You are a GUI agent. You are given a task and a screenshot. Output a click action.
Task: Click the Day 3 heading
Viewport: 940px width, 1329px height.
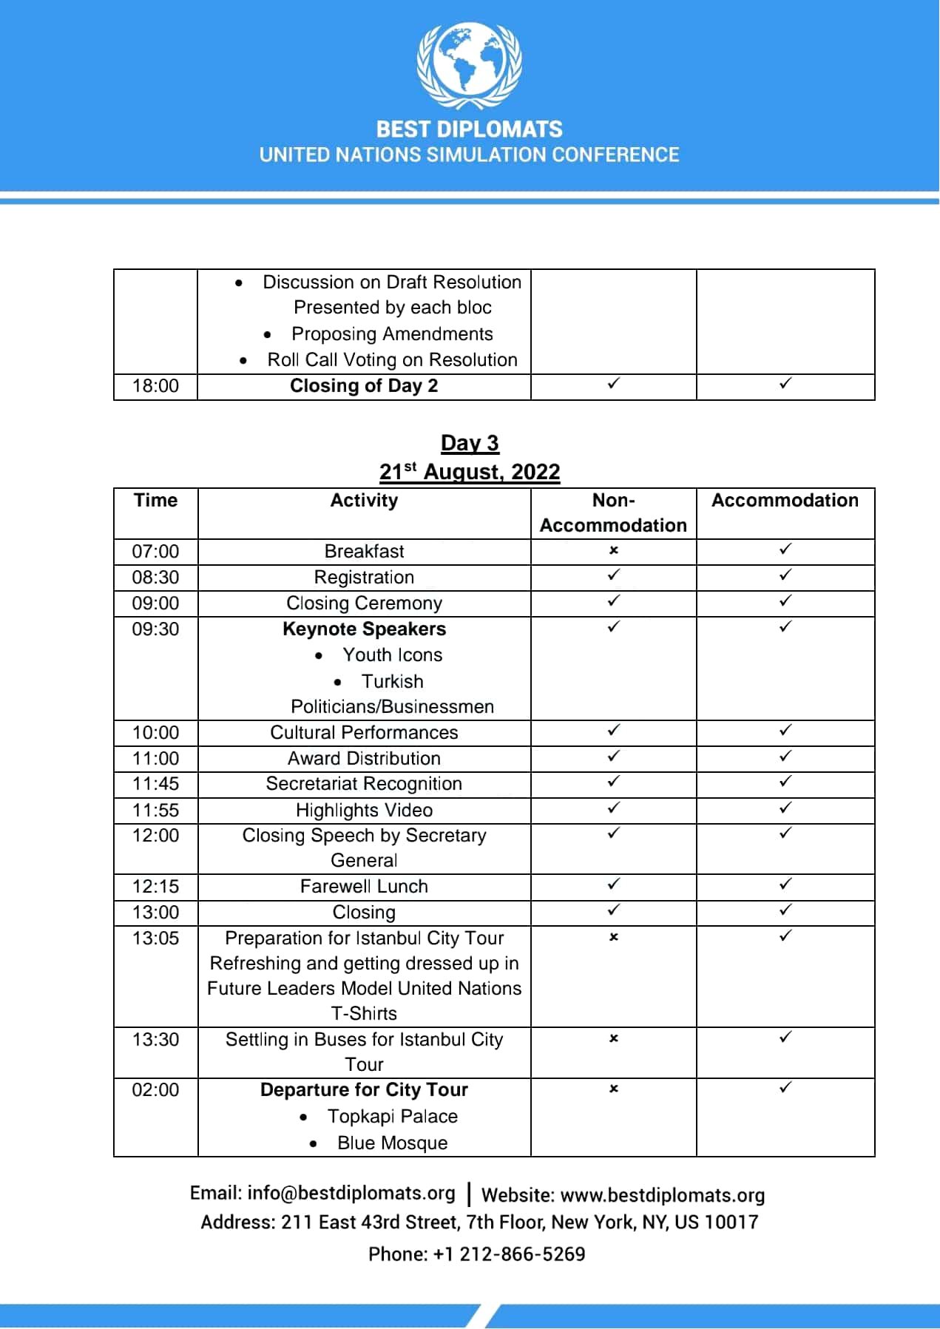click(470, 443)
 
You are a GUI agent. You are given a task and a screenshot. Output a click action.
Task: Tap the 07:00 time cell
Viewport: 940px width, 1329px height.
click(155, 552)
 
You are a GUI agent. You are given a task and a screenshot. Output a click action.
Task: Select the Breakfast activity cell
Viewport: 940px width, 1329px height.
click(364, 552)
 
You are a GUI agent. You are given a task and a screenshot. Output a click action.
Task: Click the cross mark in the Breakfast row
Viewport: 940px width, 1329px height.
click(613, 550)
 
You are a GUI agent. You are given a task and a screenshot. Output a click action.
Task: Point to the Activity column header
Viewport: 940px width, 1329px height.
click(364, 501)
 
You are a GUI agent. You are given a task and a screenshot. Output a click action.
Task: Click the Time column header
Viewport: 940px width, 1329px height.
click(155, 501)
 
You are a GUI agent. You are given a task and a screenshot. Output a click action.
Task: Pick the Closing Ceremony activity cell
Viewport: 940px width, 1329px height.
click(364, 603)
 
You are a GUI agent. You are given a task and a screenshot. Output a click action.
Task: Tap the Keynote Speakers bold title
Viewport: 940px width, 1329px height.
click(364, 629)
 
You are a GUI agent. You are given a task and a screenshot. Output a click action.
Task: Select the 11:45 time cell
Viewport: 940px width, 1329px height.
click(155, 784)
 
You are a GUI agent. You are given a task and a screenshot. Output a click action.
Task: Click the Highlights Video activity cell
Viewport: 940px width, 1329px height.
click(364, 811)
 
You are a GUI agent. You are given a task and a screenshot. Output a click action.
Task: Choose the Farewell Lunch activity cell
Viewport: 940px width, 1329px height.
click(364, 887)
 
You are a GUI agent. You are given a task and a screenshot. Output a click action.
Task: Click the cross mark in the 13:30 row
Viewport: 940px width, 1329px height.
click(613, 1038)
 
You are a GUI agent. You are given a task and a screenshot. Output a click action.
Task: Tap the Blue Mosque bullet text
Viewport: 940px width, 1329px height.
click(392, 1143)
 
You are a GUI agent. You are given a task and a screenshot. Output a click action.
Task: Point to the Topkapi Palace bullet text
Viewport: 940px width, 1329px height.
click(392, 1117)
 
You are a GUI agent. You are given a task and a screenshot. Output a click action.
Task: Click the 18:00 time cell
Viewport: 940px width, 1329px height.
click(155, 386)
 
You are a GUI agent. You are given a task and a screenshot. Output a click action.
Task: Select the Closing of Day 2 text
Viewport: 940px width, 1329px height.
click(364, 386)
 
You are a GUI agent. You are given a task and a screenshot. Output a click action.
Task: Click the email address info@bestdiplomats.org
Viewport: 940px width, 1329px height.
click(351, 1194)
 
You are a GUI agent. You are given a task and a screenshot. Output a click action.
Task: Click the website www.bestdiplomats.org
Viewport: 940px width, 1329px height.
click(662, 1196)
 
